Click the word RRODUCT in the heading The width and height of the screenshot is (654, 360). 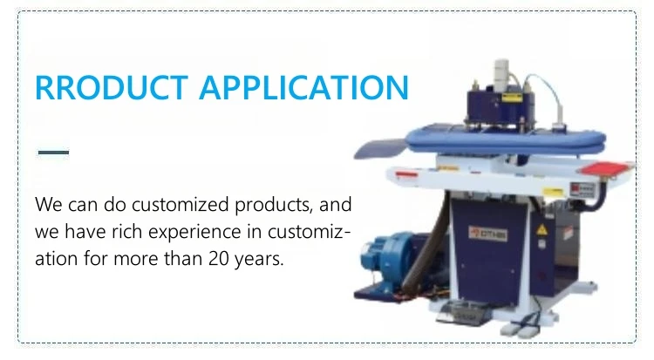[x=111, y=88]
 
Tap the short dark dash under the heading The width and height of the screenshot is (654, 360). [x=53, y=153]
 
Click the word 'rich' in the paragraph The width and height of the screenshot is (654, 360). [x=125, y=233]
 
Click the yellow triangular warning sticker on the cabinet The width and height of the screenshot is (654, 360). [x=542, y=229]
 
